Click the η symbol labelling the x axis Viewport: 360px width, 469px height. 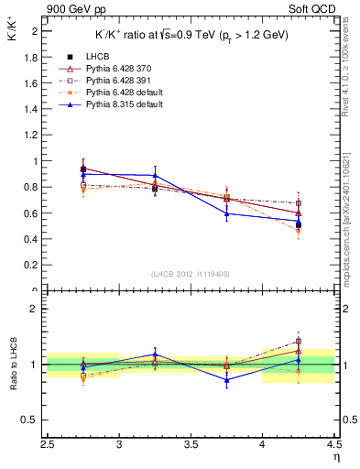335,456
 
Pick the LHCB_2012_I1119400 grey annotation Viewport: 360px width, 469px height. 191,274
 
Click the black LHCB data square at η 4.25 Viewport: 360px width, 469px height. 298,224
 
